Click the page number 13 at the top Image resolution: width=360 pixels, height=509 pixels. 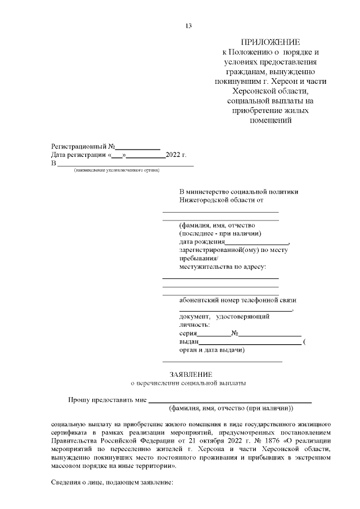click(188, 26)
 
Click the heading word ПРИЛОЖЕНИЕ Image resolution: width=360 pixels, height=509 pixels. click(271, 43)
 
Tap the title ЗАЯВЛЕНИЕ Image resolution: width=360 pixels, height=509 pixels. click(191, 374)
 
